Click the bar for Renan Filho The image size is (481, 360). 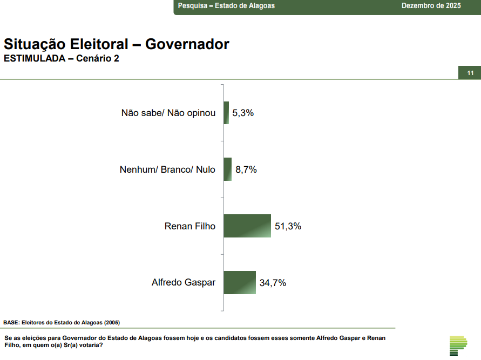tap(247, 226)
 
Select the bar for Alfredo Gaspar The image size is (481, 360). tap(240, 282)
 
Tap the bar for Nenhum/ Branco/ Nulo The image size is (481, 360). tap(227, 169)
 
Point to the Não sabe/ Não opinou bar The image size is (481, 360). tap(226, 113)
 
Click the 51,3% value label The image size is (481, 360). tap(288, 227)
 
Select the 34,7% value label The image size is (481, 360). tap(273, 283)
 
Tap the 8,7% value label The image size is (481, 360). tap(246, 170)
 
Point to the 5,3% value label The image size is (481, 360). tap(243, 113)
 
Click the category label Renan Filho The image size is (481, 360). tap(189, 227)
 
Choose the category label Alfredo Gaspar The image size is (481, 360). tap(184, 283)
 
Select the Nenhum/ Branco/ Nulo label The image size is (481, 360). tap(167, 170)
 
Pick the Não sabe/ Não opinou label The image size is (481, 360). tap(168, 113)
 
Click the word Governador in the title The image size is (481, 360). tap(187, 44)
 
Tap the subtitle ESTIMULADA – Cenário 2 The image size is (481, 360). tap(62, 59)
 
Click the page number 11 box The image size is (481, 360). tap(470, 73)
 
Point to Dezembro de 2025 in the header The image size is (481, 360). tap(431, 6)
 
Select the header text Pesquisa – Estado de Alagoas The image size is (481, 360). tap(226, 6)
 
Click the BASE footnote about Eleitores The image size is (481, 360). tap(62, 322)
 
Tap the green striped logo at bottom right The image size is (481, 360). tap(458, 345)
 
